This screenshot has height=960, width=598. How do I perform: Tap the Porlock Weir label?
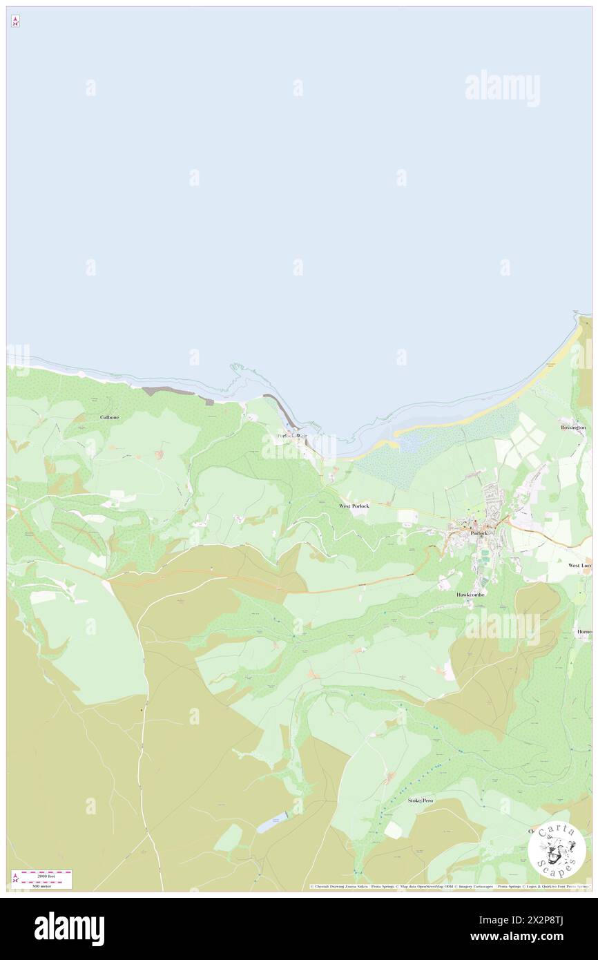click(291, 436)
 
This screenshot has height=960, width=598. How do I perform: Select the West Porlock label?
click(354, 506)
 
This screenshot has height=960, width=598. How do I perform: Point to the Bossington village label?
click(573, 428)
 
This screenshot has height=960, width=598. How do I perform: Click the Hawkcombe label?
click(470, 594)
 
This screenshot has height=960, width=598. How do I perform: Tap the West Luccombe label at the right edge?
click(580, 565)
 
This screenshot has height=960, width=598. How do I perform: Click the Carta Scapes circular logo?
click(557, 849)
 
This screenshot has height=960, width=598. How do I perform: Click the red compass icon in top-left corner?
click(15, 21)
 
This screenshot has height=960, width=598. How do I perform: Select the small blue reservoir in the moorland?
click(270, 825)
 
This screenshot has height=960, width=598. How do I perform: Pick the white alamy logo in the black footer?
click(69, 928)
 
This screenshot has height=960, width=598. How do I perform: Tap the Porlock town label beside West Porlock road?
click(479, 534)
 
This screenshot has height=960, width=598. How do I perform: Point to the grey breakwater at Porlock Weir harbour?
click(284, 412)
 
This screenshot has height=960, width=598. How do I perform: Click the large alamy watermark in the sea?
click(502, 88)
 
